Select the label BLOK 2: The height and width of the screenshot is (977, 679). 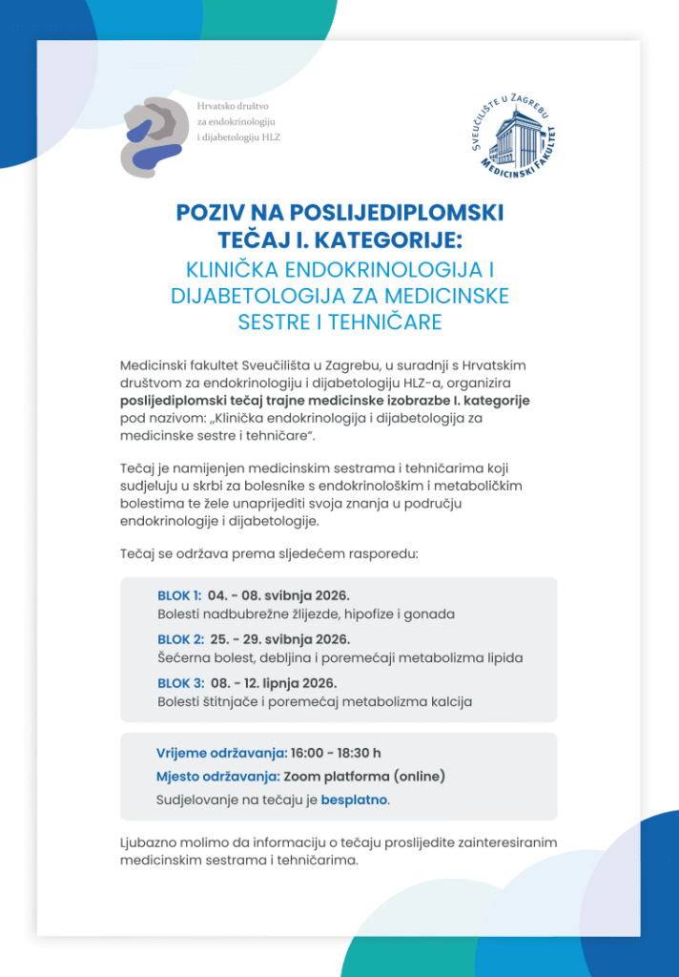pyautogui.click(x=180, y=639)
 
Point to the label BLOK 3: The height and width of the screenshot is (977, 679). pyautogui.click(x=180, y=683)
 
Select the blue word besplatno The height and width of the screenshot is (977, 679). pyautogui.click(x=354, y=800)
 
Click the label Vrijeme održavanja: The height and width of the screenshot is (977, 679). pyautogui.click(x=221, y=753)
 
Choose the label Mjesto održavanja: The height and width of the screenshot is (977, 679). pyautogui.click(x=217, y=776)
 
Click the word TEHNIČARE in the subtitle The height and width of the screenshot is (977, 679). pyautogui.click(x=385, y=322)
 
